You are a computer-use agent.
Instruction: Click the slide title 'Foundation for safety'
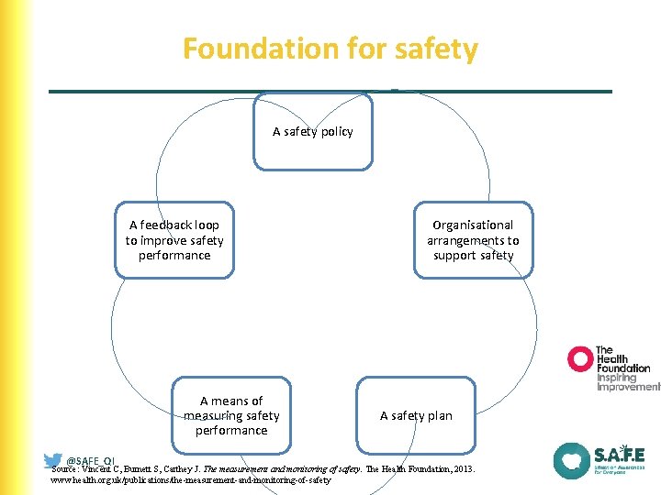[x=330, y=49]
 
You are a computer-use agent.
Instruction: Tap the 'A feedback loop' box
[x=174, y=240]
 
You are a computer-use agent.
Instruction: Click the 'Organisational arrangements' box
[x=473, y=240]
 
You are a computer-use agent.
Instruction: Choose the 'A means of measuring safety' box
[x=231, y=415]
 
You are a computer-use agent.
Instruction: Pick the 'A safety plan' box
[x=416, y=415]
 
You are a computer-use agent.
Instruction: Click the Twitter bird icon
[x=53, y=460]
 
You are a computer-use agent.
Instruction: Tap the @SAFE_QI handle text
[x=91, y=460]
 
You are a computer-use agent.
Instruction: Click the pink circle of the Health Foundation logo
[x=580, y=358]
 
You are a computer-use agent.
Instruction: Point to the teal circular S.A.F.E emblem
[x=571, y=461]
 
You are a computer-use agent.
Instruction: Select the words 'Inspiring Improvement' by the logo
[x=627, y=382]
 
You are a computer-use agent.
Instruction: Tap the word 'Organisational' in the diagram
[x=473, y=225]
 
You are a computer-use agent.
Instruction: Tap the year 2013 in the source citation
[x=461, y=468]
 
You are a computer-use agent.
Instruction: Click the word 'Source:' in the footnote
[x=69, y=468]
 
